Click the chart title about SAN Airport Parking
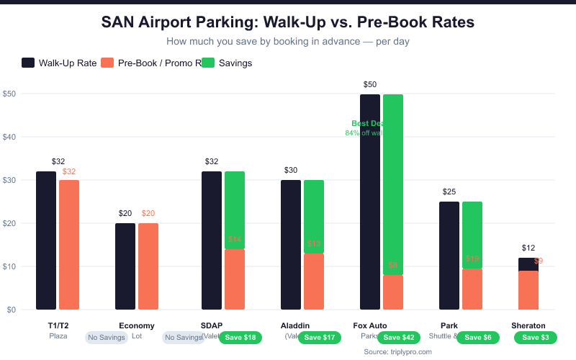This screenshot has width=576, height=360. [288, 22]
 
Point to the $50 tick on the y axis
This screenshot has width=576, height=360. [10, 94]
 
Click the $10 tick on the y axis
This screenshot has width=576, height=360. [10, 266]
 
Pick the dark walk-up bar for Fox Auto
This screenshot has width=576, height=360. [370, 202]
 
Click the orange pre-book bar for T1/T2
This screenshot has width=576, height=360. [69, 245]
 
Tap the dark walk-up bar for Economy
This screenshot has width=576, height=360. [125, 266]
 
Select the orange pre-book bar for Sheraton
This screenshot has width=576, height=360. [528, 290]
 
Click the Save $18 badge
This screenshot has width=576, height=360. [240, 337]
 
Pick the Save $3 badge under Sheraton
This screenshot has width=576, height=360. [535, 337]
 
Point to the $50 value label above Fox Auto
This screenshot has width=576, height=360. [370, 85]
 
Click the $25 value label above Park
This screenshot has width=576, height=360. [449, 192]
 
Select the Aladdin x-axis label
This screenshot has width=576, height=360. [295, 325]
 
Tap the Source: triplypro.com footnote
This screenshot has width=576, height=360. [397, 351]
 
